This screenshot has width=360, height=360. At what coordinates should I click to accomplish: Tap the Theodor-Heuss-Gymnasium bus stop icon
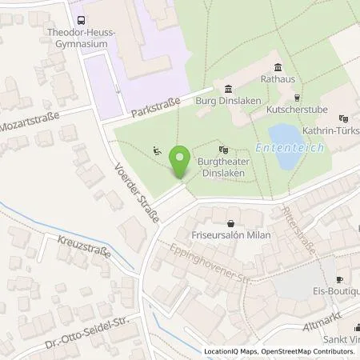81,22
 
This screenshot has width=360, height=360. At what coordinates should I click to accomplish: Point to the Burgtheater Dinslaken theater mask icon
223,148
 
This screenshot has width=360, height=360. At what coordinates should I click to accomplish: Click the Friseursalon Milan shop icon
231,223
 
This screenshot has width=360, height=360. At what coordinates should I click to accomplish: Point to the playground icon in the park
158,150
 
